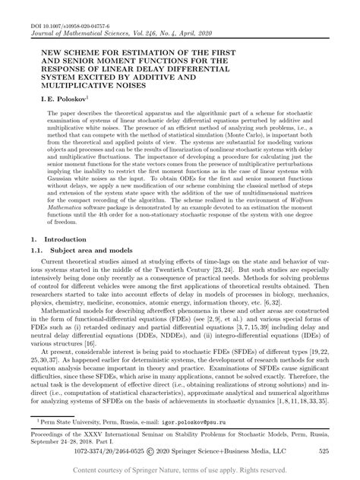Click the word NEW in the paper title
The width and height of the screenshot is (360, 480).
click(x=43, y=44)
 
